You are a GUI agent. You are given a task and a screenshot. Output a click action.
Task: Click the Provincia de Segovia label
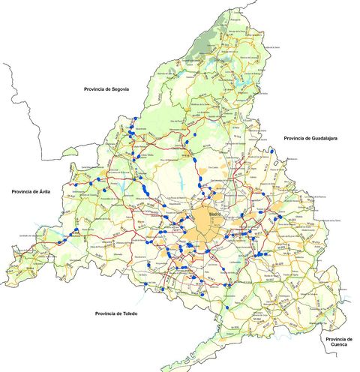click(x=106, y=88)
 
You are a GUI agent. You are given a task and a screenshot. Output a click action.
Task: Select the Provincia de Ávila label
click(x=31, y=192)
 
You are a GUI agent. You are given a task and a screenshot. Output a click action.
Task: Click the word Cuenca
click(x=339, y=346)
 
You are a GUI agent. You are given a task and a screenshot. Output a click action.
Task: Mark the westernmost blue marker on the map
click(x=55, y=244)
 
